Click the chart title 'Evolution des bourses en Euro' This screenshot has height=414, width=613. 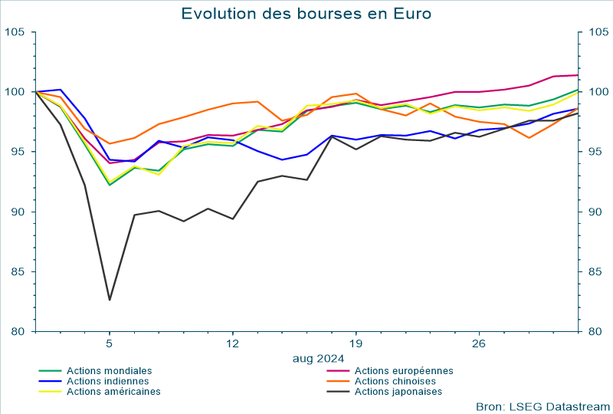[306, 14]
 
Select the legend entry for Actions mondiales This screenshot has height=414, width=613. [109, 370]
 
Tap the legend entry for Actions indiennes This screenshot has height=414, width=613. [109, 381]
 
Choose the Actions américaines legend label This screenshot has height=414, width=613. [113, 392]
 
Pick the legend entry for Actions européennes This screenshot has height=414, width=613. [404, 370]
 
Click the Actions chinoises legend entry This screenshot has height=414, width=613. [395, 381]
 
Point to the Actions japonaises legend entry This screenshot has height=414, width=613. [398, 392]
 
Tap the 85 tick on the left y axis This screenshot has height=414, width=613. [18, 271]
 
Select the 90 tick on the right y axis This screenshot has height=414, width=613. [595, 212]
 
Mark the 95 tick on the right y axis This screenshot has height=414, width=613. [595, 152]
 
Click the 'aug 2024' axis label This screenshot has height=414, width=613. [318, 357]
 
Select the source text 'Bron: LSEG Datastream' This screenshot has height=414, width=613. [543, 406]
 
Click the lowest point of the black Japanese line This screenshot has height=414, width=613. [110, 300]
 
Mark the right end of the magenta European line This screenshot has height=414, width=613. [577, 75]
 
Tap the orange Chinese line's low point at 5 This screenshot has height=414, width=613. [110, 143]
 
